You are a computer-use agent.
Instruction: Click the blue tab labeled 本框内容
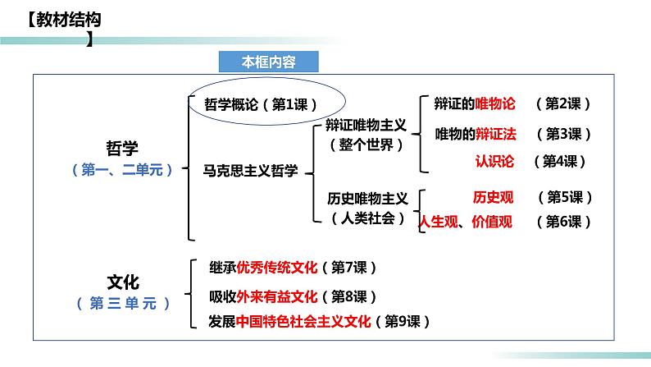[268, 62]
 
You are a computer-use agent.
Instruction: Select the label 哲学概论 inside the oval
[231, 104]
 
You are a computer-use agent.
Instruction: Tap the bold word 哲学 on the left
[122, 148]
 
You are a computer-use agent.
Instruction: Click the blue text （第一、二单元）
[122, 170]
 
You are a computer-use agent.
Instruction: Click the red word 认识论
[494, 161]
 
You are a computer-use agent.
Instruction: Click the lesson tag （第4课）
[561, 161]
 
